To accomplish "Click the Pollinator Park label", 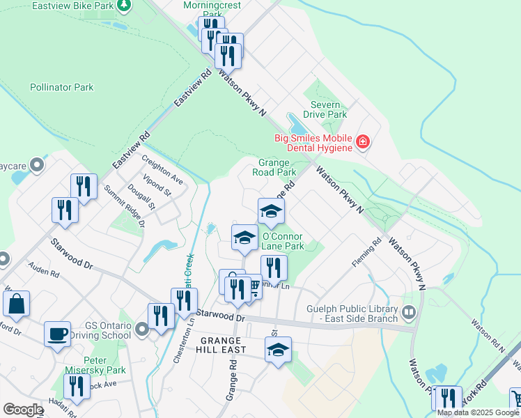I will coord(61,88).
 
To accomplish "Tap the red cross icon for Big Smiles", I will coord(362,143).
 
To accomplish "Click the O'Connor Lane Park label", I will coord(283,241).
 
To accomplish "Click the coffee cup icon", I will coord(57,333).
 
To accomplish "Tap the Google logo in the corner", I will coord(23,410).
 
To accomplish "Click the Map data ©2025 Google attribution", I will coord(478,412).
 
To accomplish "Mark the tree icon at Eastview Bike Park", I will coord(123,6).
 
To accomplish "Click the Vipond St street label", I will coord(159,188).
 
